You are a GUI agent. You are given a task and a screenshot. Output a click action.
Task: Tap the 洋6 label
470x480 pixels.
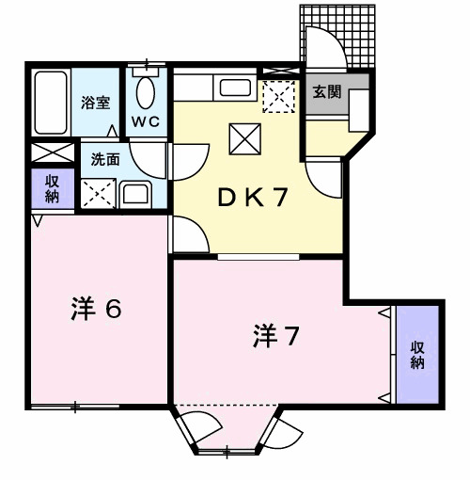click(x=97, y=309)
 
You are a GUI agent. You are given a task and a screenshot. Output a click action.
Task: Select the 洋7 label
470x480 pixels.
click(x=275, y=335)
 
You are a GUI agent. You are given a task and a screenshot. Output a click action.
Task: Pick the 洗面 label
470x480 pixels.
click(x=104, y=159)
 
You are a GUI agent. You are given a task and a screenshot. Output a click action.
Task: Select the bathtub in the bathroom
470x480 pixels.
click(x=52, y=102)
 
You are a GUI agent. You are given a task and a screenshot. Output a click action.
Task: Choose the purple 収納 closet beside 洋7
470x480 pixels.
click(x=417, y=355)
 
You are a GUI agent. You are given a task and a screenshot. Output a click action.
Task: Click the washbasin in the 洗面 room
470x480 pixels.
click(x=134, y=195)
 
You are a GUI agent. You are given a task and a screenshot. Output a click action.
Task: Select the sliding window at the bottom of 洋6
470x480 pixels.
click(x=73, y=406)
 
